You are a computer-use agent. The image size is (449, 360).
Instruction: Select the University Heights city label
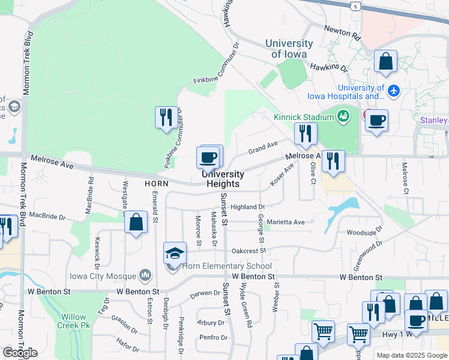click(x=223, y=179)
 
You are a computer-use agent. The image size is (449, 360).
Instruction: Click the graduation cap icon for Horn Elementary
click(x=175, y=253)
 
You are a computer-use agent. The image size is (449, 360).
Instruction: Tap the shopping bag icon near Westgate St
click(x=137, y=222)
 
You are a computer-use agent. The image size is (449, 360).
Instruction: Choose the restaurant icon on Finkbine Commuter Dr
click(x=166, y=117)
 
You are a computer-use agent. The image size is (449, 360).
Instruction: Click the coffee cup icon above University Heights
click(x=208, y=158)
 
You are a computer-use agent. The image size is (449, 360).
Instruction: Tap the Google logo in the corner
click(x=20, y=352)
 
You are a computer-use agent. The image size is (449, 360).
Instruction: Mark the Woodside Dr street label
click(x=364, y=232)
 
